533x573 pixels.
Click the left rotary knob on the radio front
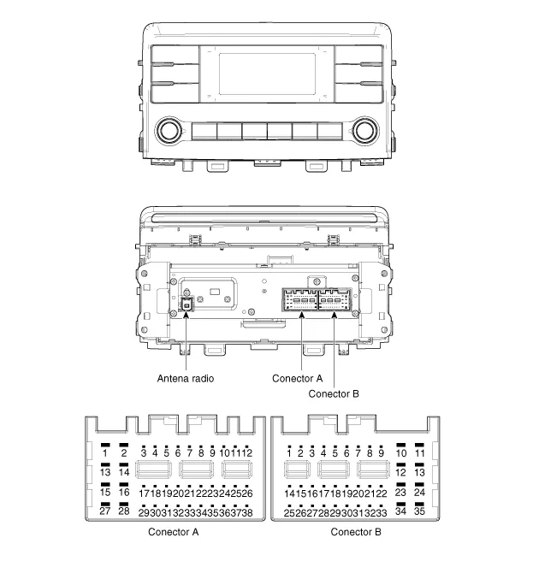click(169, 131)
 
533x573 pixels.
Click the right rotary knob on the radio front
click(365, 131)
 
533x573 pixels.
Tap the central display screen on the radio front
click(267, 74)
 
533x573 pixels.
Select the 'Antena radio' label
click(186, 379)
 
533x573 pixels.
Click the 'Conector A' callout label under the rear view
click(297, 379)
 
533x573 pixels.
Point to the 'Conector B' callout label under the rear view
click(334, 394)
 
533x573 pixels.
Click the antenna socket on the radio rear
click(187, 304)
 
